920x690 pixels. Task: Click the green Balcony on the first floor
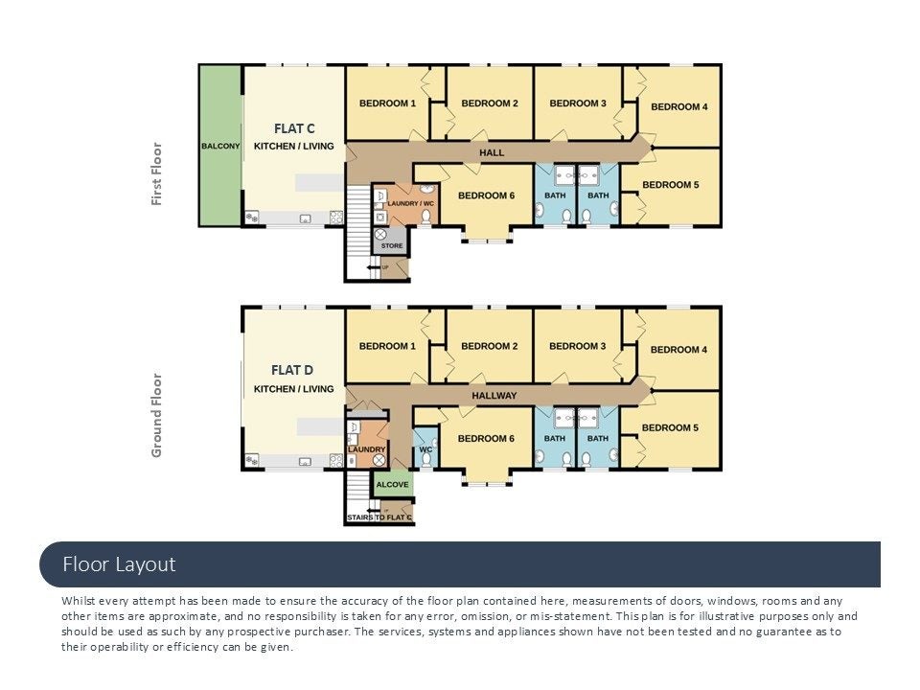click(x=220, y=146)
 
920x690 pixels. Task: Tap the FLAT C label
click(x=294, y=128)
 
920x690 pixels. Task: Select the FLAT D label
click(x=292, y=370)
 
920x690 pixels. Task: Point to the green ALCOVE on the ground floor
click(x=393, y=484)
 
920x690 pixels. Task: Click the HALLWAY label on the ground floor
click(x=494, y=396)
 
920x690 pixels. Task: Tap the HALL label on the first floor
click(x=492, y=152)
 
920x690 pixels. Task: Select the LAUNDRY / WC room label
click(x=411, y=203)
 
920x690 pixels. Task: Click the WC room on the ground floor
click(x=425, y=448)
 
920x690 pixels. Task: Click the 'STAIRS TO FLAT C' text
click(x=379, y=517)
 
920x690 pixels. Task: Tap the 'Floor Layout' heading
click(x=119, y=564)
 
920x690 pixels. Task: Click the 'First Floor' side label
click(x=156, y=173)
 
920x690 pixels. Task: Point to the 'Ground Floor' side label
click(x=156, y=415)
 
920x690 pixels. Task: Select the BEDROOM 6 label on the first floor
click(x=487, y=195)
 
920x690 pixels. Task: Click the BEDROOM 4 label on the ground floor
click(x=678, y=350)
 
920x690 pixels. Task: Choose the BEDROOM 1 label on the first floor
click(x=387, y=103)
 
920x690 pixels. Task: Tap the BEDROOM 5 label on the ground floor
click(x=670, y=427)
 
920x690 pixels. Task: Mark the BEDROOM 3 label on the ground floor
click(x=577, y=346)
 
